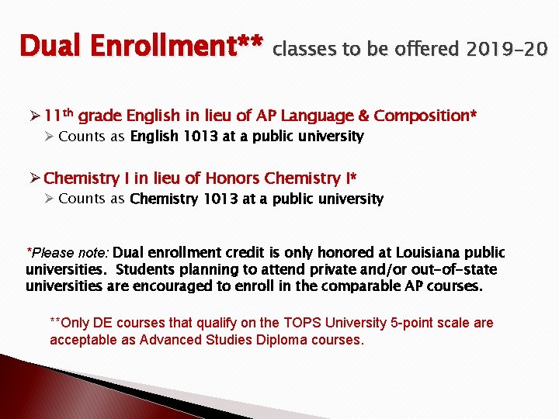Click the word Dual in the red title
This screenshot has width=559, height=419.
(51, 47)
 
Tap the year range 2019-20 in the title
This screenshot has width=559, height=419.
(508, 50)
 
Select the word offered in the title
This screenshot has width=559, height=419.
(426, 50)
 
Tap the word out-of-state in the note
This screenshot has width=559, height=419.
(453, 270)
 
